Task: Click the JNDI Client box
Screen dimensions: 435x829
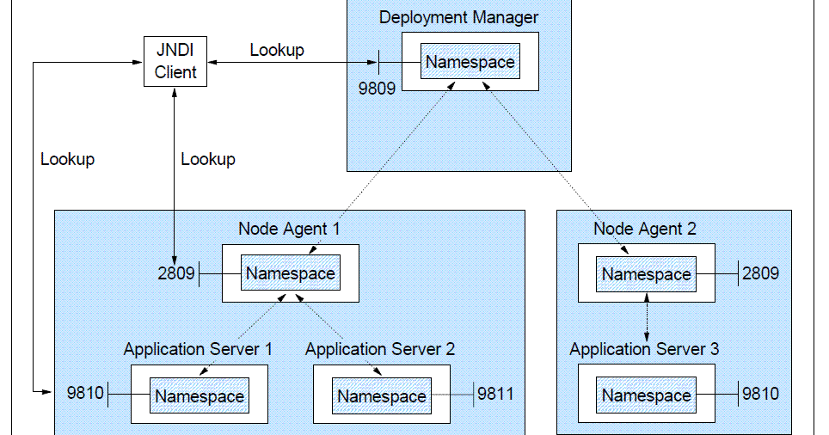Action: pos(175,62)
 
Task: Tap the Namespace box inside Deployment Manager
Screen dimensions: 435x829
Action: pos(470,62)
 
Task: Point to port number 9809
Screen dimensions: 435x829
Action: pos(377,88)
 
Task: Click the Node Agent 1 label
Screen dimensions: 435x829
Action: pos(289,229)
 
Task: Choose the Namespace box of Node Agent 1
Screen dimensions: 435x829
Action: pos(290,273)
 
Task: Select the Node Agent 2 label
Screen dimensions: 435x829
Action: pos(645,229)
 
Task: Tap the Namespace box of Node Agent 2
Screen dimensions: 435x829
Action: pos(646,274)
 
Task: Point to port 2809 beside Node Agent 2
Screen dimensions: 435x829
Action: pos(760,273)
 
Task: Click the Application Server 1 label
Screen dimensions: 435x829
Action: pos(198,349)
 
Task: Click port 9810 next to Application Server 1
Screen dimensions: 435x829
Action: pos(85,394)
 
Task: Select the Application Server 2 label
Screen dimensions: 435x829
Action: pos(380,349)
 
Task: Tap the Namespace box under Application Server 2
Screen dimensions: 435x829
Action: pos(381,396)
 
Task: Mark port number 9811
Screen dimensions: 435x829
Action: pos(496,394)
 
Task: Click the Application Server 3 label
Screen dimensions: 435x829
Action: pos(644,349)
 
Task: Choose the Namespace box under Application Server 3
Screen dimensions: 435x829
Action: pos(646,395)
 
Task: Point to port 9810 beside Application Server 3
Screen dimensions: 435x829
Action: pos(760,394)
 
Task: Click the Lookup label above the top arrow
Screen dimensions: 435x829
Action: pos(277,50)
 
